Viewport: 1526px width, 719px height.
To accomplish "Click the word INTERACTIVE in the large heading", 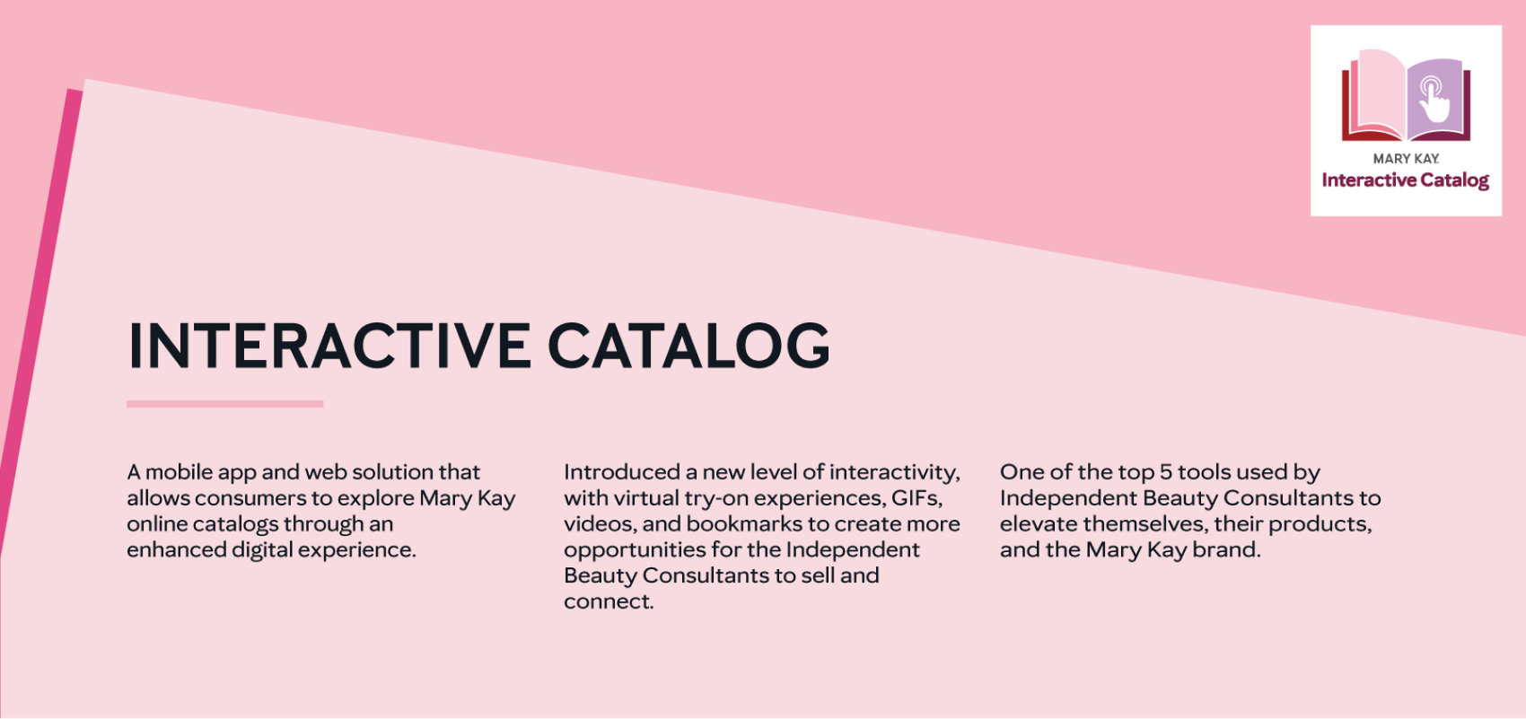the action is point(329,346).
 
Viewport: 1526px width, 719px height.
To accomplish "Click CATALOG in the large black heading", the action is point(688,346).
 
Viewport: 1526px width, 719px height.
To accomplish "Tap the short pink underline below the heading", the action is point(224,404).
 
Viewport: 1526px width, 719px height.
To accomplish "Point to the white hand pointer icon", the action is point(1434,101).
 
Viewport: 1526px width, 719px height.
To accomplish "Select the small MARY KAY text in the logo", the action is point(1406,159).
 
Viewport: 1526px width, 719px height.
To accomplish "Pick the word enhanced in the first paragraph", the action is point(177,549).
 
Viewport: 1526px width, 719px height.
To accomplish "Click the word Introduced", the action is point(621,471).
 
